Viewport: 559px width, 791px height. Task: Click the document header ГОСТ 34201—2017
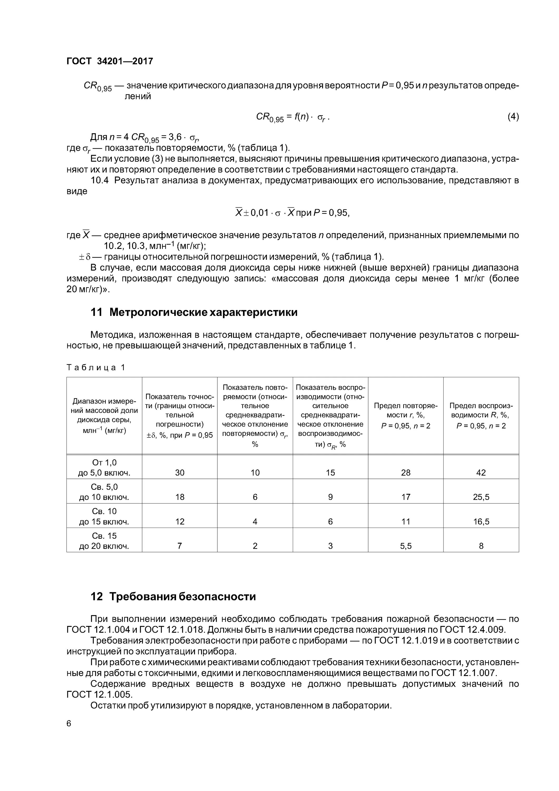click(110, 61)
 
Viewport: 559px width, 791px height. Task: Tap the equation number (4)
click(513, 117)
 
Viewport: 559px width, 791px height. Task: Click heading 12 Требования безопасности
click(173, 596)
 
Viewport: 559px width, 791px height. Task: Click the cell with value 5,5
click(406, 546)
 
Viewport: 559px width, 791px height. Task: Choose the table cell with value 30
click(180, 473)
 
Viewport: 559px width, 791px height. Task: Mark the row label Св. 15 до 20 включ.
click(104, 541)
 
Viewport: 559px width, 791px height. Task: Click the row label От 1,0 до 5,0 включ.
click(104, 467)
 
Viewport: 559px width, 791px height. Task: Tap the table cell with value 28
click(406, 473)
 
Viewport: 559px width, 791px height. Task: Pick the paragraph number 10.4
click(100, 181)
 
